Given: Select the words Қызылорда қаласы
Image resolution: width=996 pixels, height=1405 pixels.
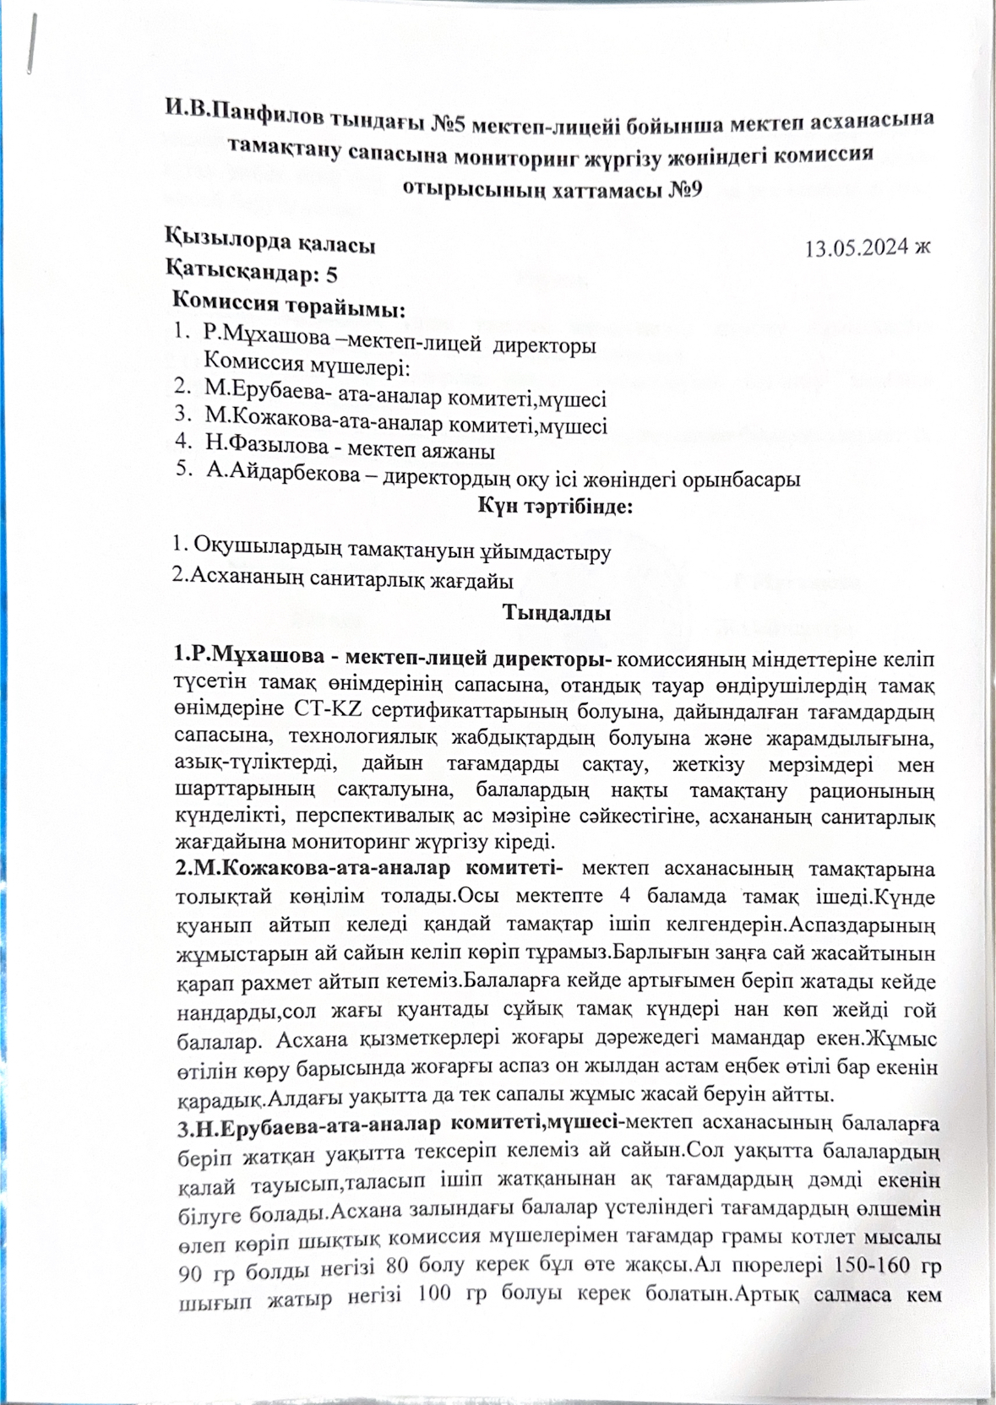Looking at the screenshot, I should pyautogui.click(x=269, y=246).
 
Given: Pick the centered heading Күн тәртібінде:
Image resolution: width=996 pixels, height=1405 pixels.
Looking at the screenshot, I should pyautogui.click(x=555, y=507).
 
